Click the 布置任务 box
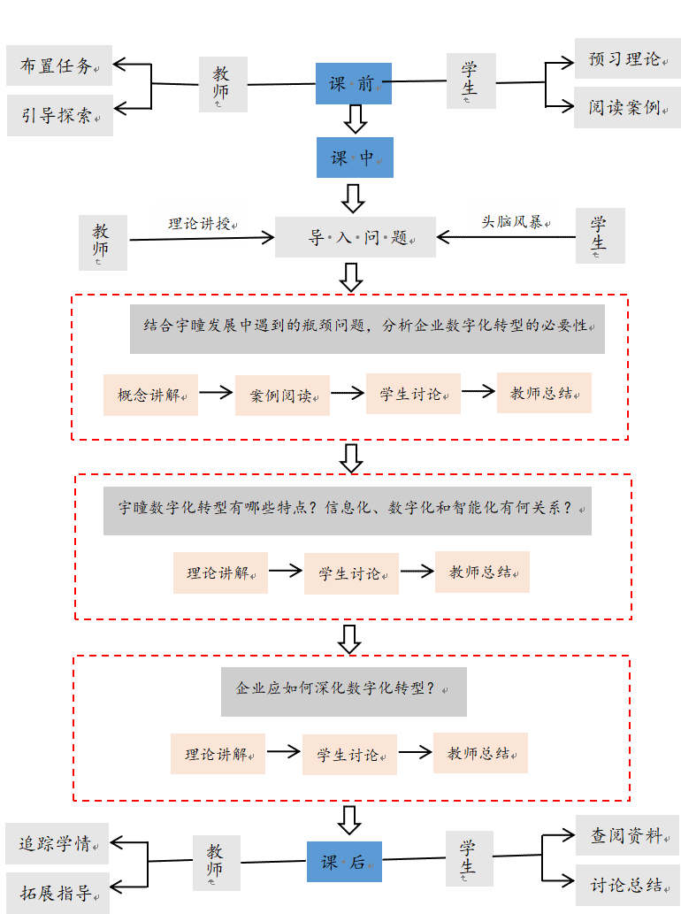point(59,65)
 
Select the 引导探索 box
point(60,115)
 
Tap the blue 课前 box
point(353,83)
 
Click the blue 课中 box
point(355,157)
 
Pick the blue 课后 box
point(344,862)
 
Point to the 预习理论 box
point(627,59)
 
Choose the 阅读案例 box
point(627,107)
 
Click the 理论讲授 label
point(199,222)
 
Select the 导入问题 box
point(355,237)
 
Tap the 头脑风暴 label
point(512,220)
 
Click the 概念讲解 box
point(150,395)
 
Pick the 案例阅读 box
point(282,396)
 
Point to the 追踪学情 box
point(57,843)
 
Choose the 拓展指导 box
point(57,893)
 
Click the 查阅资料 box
point(627,835)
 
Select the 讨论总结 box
point(627,884)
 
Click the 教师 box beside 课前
point(222,85)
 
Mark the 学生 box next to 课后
point(469,858)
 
